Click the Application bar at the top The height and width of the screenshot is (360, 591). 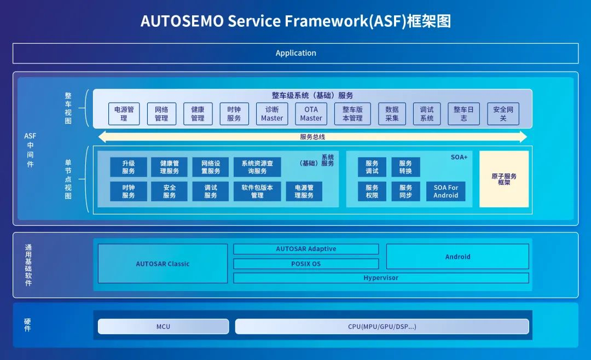coord(296,53)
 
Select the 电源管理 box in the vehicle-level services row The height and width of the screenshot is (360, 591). coord(124,114)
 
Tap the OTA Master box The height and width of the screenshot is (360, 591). coord(311,114)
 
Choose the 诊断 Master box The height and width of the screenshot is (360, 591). coord(272,114)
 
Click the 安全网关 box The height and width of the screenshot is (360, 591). coord(503,114)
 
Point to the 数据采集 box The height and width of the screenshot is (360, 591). coord(392,114)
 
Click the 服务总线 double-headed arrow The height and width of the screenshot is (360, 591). coord(312,137)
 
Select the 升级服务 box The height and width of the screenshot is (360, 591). coord(129,167)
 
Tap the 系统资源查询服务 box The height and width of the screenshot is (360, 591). coord(257,167)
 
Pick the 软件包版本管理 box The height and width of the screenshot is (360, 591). coord(257,191)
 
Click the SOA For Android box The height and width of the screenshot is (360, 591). coord(445,191)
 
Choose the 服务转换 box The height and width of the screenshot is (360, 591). coord(405,167)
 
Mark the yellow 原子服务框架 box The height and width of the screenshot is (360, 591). coord(504,179)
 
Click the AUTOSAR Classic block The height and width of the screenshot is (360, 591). coord(163,264)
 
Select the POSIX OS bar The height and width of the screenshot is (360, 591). coord(306,264)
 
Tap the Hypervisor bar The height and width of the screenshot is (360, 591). coord(381,278)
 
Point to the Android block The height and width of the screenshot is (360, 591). coord(457,257)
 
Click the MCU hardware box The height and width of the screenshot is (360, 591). coord(163,327)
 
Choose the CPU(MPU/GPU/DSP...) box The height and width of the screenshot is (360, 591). coord(382,327)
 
